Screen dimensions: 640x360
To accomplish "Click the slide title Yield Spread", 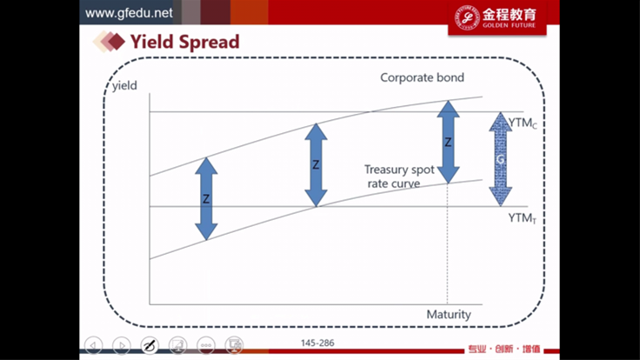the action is click(184, 42).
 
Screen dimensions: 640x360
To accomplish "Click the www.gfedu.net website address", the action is click(129, 13).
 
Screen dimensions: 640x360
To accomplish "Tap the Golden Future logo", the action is click(497, 17).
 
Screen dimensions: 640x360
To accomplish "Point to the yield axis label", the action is click(124, 86).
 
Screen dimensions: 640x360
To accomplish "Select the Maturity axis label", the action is click(449, 314).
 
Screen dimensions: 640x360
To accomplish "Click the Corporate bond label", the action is click(422, 77).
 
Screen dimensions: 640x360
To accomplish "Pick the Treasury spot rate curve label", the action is click(399, 177).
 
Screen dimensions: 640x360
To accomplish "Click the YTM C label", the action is click(523, 123).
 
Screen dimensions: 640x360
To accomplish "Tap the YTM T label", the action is click(523, 218).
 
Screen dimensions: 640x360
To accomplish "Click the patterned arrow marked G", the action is click(500, 159).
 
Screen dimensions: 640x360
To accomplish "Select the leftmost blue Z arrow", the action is click(206, 199).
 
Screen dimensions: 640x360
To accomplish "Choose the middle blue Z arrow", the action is click(316, 165).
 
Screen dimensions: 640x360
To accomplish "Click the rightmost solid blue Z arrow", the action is click(448, 142).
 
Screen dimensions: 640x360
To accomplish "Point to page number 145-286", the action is click(317, 343).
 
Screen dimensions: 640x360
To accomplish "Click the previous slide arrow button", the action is click(93, 345).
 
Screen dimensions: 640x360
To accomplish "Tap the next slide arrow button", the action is click(122, 345).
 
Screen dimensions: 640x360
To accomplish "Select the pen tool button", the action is click(150, 345).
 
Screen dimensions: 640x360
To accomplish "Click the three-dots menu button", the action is click(206, 345).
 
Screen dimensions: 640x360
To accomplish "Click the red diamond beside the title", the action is click(117, 42).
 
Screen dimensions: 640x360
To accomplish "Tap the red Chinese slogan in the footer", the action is click(504, 349).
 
